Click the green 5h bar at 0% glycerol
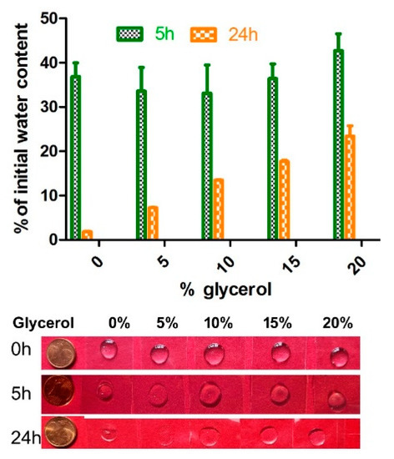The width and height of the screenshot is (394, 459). point(75,158)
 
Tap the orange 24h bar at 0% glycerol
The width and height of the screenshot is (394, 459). point(88,235)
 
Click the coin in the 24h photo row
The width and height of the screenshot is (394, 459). point(63,433)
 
